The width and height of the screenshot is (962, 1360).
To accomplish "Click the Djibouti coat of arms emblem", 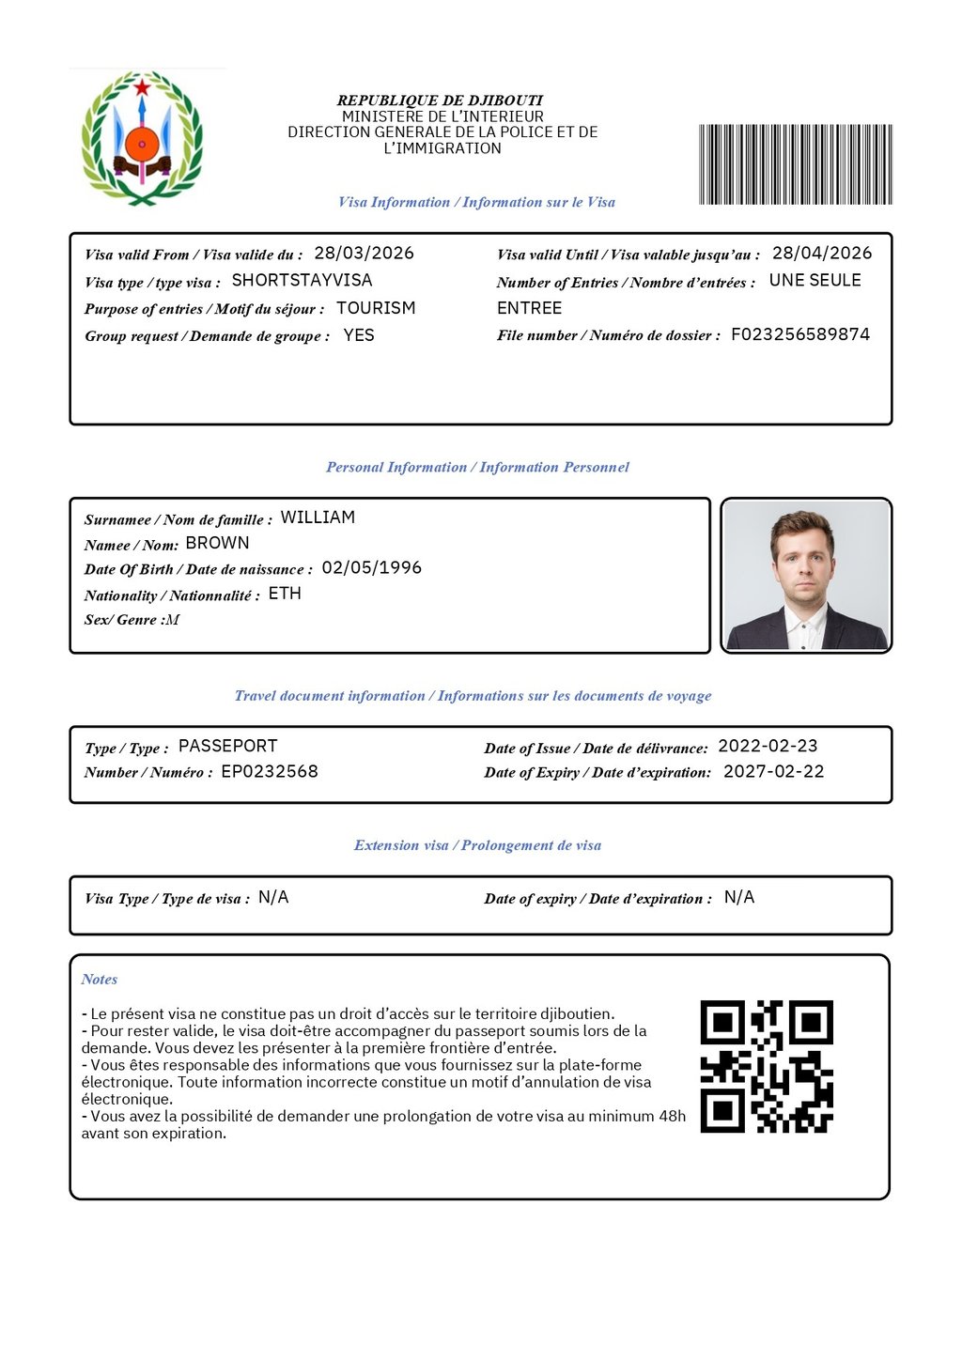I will pyautogui.click(x=142, y=138).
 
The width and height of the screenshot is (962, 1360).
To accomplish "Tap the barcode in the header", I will pyautogui.click(x=795, y=164).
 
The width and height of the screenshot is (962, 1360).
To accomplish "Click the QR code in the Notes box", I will pyautogui.click(x=767, y=1066).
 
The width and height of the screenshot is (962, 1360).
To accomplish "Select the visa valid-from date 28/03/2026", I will pyautogui.click(x=364, y=254).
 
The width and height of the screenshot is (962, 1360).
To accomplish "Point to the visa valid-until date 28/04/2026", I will pyautogui.click(x=821, y=254).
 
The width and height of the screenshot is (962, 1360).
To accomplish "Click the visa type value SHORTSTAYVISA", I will pyautogui.click(x=302, y=281).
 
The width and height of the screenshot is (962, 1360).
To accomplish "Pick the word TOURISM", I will pyautogui.click(x=376, y=308).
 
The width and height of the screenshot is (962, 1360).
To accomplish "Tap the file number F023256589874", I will pyautogui.click(x=800, y=334).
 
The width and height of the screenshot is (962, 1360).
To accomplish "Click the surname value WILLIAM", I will pyautogui.click(x=318, y=518).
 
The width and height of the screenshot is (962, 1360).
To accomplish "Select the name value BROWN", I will pyautogui.click(x=217, y=543).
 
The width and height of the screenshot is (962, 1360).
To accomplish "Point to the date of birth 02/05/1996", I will pyautogui.click(x=371, y=568).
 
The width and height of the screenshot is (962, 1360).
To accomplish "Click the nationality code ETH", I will pyautogui.click(x=285, y=594).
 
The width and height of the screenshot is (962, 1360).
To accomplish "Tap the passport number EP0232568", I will pyautogui.click(x=270, y=772).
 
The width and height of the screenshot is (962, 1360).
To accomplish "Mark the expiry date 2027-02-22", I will pyautogui.click(x=773, y=772).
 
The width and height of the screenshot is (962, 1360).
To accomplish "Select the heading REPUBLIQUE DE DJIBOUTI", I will pyautogui.click(x=440, y=100).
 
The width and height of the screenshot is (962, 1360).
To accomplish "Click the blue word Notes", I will pyautogui.click(x=99, y=980).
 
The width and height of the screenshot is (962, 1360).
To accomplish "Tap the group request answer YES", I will pyautogui.click(x=359, y=335).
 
